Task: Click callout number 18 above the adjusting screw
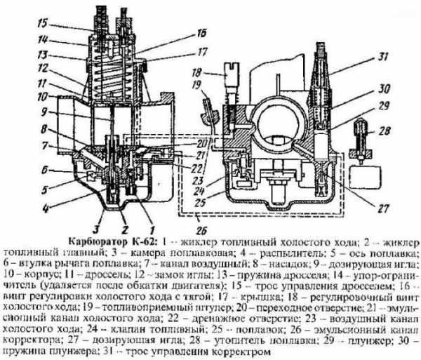pos(197,72)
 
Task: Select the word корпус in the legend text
pos(36,274)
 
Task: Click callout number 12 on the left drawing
pos(24,69)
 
